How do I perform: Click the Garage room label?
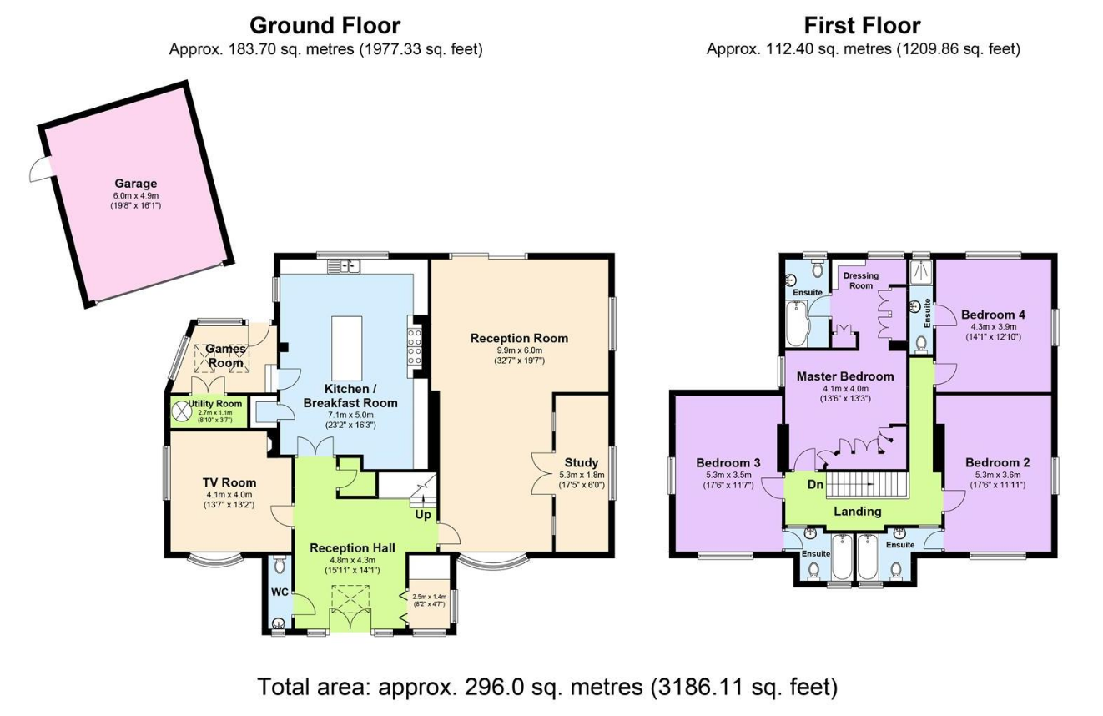pos(135,184)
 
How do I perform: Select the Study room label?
pos(581,462)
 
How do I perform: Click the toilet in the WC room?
pos(279,567)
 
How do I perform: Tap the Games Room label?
pos(225,355)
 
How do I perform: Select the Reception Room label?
pos(519,338)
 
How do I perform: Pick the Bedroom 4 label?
pos(993,315)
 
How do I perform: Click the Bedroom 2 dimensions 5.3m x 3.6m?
pos(998,475)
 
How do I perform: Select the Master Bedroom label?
pos(845,376)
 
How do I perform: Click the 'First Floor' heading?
pos(862,24)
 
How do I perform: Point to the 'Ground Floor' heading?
pos(325,24)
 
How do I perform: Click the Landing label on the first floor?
pos(858,512)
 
